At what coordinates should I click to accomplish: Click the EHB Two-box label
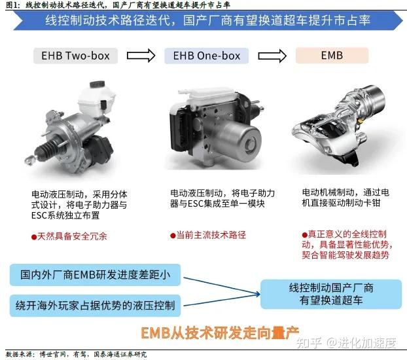click(76, 55)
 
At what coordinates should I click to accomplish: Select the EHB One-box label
click(207, 55)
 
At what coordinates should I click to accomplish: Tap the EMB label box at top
click(332, 55)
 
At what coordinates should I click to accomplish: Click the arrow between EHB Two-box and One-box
click(141, 55)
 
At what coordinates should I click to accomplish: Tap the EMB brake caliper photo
click(337, 128)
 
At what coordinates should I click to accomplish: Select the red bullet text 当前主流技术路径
click(207, 234)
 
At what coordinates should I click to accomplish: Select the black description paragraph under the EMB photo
click(345, 199)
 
